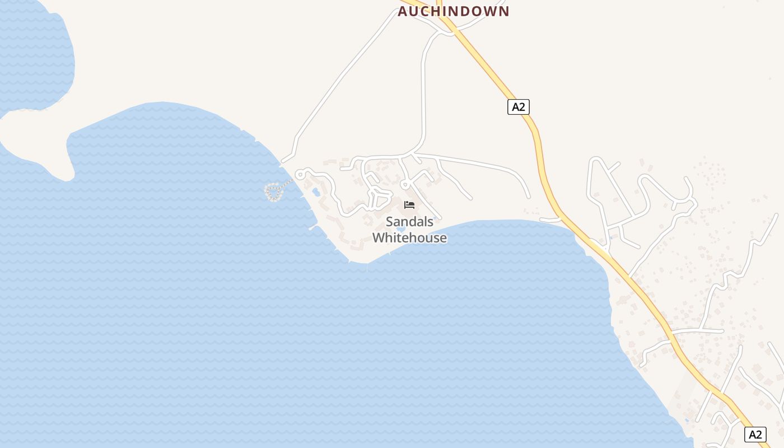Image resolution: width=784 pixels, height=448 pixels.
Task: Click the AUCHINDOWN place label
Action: [x=454, y=11]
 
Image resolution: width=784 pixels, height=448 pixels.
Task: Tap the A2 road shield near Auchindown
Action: [x=519, y=106]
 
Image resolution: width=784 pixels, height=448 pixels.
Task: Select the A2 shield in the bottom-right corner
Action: [x=755, y=434]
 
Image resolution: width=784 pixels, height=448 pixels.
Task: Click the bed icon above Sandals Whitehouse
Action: [x=409, y=205]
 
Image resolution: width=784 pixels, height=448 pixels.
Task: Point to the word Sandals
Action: [x=409, y=222]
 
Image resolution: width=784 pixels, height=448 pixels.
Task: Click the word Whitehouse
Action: [x=409, y=238]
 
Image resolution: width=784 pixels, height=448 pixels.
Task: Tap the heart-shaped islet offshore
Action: [x=273, y=192]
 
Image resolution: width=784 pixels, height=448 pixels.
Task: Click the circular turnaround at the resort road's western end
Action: [x=300, y=174]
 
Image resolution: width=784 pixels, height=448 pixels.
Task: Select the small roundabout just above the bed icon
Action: [x=405, y=184]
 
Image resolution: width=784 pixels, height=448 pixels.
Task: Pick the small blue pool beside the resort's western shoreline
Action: [x=316, y=192]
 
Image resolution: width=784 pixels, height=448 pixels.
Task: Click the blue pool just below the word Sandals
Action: [x=400, y=229]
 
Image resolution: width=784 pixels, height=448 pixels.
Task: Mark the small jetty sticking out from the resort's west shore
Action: [x=312, y=227]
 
